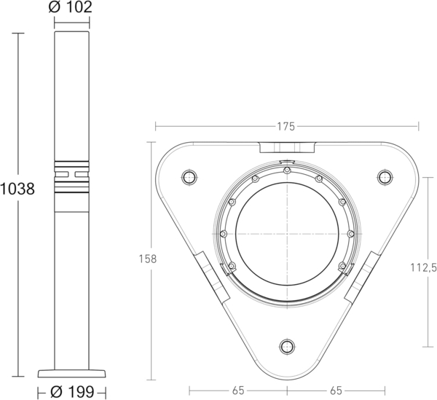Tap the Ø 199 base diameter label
click(x=73, y=392)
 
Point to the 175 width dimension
click(x=286, y=126)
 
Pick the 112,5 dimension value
click(x=423, y=267)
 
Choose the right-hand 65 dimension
click(x=334, y=390)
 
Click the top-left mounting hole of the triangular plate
click(x=189, y=176)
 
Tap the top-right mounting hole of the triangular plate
click(x=385, y=176)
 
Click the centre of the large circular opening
click(x=287, y=233)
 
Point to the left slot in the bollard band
click(x=63, y=174)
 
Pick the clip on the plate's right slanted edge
click(x=362, y=277)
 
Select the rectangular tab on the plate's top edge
click(x=287, y=147)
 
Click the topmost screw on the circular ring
click(x=287, y=170)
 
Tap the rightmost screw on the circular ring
click(x=350, y=233)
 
